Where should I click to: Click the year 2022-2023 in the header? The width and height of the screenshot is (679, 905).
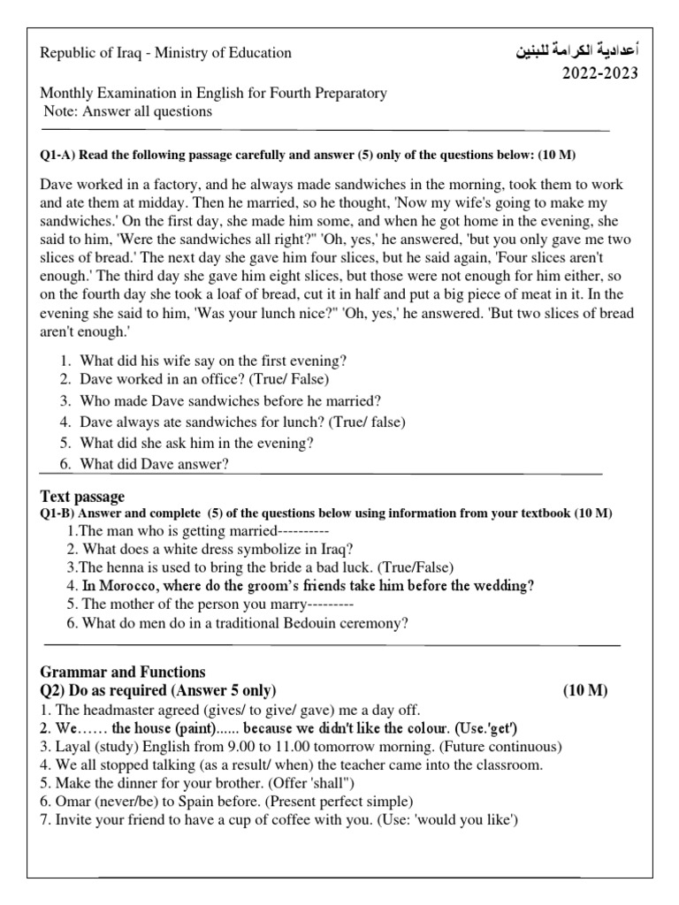point(600,73)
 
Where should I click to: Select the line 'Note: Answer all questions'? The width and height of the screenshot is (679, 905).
point(128,111)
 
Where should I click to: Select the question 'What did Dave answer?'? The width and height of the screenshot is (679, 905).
point(155,464)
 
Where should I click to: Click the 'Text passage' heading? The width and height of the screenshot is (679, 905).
point(83,496)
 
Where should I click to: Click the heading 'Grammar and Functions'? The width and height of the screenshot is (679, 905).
point(123,672)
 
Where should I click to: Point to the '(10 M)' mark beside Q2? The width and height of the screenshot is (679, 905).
point(585,690)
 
